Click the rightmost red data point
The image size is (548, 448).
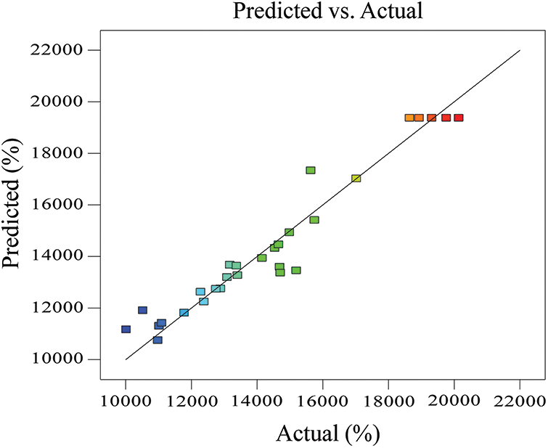(459, 118)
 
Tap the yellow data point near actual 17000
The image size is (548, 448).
(356, 178)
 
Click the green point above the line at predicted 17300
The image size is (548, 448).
(311, 170)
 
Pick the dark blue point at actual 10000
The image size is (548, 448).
(126, 329)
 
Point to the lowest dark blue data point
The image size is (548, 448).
(158, 340)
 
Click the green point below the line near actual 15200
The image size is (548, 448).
(296, 270)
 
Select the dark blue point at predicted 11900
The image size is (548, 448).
(142, 310)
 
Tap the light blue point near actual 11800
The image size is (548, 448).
(184, 312)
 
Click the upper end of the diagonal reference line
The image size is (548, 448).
(520, 51)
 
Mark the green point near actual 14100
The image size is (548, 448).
(261, 258)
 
